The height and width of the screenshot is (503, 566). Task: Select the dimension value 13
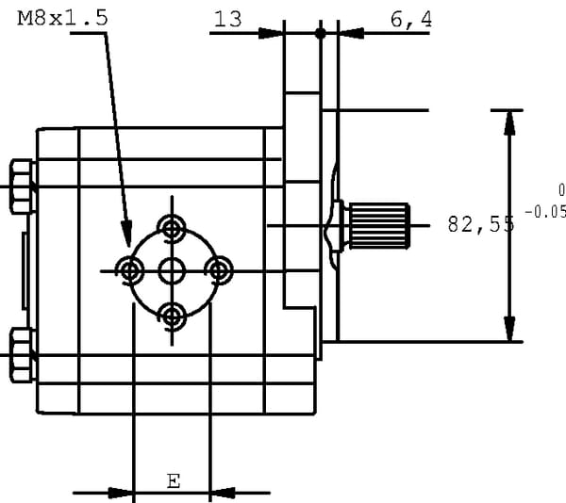pyautogui.click(x=226, y=19)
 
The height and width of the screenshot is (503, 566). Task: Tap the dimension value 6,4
pyautogui.click(x=406, y=19)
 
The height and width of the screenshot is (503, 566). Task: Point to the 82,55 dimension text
pyautogui.click(x=480, y=224)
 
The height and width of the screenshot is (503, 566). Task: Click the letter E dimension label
pyautogui.click(x=173, y=480)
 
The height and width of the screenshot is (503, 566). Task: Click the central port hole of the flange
pyautogui.click(x=171, y=272)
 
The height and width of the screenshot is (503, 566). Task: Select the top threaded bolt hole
pyautogui.click(x=171, y=227)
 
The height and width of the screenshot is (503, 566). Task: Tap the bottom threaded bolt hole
pyautogui.click(x=171, y=315)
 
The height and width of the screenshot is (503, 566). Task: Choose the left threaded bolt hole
pyautogui.click(x=129, y=271)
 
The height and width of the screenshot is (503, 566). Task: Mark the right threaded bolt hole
pyautogui.click(x=218, y=271)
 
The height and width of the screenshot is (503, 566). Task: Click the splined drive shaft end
pyautogui.click(x=379, y=225)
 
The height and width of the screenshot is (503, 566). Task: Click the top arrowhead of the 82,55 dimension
pyautogui.click(x=509, y=122)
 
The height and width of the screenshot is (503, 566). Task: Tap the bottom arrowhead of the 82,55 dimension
pyautogui.click(x=509, y=329)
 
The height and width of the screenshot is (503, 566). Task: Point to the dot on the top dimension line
pyautogui.click(x=321, y=33)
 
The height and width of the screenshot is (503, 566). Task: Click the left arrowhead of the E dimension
pyautogui.click(x=121, y=492)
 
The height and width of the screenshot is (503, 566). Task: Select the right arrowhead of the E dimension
pyautogui.click(x=223, y=492)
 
